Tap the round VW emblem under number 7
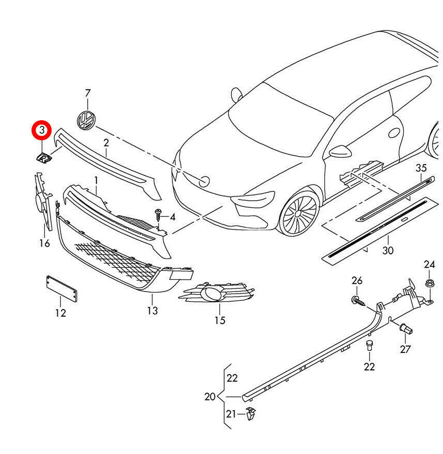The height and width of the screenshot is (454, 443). point(86,120)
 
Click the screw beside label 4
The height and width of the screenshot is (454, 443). point(159,213)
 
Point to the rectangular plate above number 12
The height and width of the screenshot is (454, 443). point(62,289)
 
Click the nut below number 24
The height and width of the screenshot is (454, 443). point(429,283)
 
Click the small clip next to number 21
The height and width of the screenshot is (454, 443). point(251,413)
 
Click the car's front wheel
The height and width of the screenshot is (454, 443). point(299,213)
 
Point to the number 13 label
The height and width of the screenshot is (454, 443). point(152,311)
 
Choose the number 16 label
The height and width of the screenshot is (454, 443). point(44,243)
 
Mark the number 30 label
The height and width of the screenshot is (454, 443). point(388,250)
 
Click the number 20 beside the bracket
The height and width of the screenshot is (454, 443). point(210,397)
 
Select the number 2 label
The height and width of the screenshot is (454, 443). point(106,143)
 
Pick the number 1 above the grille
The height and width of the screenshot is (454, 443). point(96,180)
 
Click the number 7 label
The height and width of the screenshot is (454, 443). point(88,93)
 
